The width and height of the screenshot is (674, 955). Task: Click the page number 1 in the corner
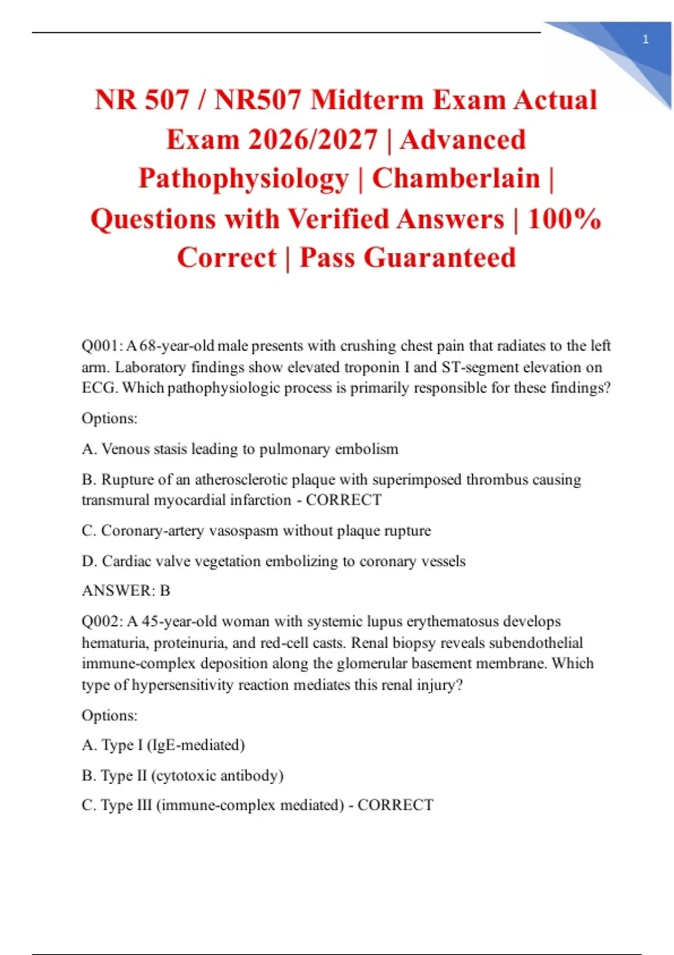(645, 39)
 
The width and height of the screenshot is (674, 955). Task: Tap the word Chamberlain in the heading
(456, 179)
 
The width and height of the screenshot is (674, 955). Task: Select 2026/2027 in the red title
(313, 140)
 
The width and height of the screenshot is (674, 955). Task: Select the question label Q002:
(102, 621)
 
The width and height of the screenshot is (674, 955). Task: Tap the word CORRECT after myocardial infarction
(343, 500)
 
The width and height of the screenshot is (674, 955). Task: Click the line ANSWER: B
(126, 591)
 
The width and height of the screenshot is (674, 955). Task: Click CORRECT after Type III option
(395, 806)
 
